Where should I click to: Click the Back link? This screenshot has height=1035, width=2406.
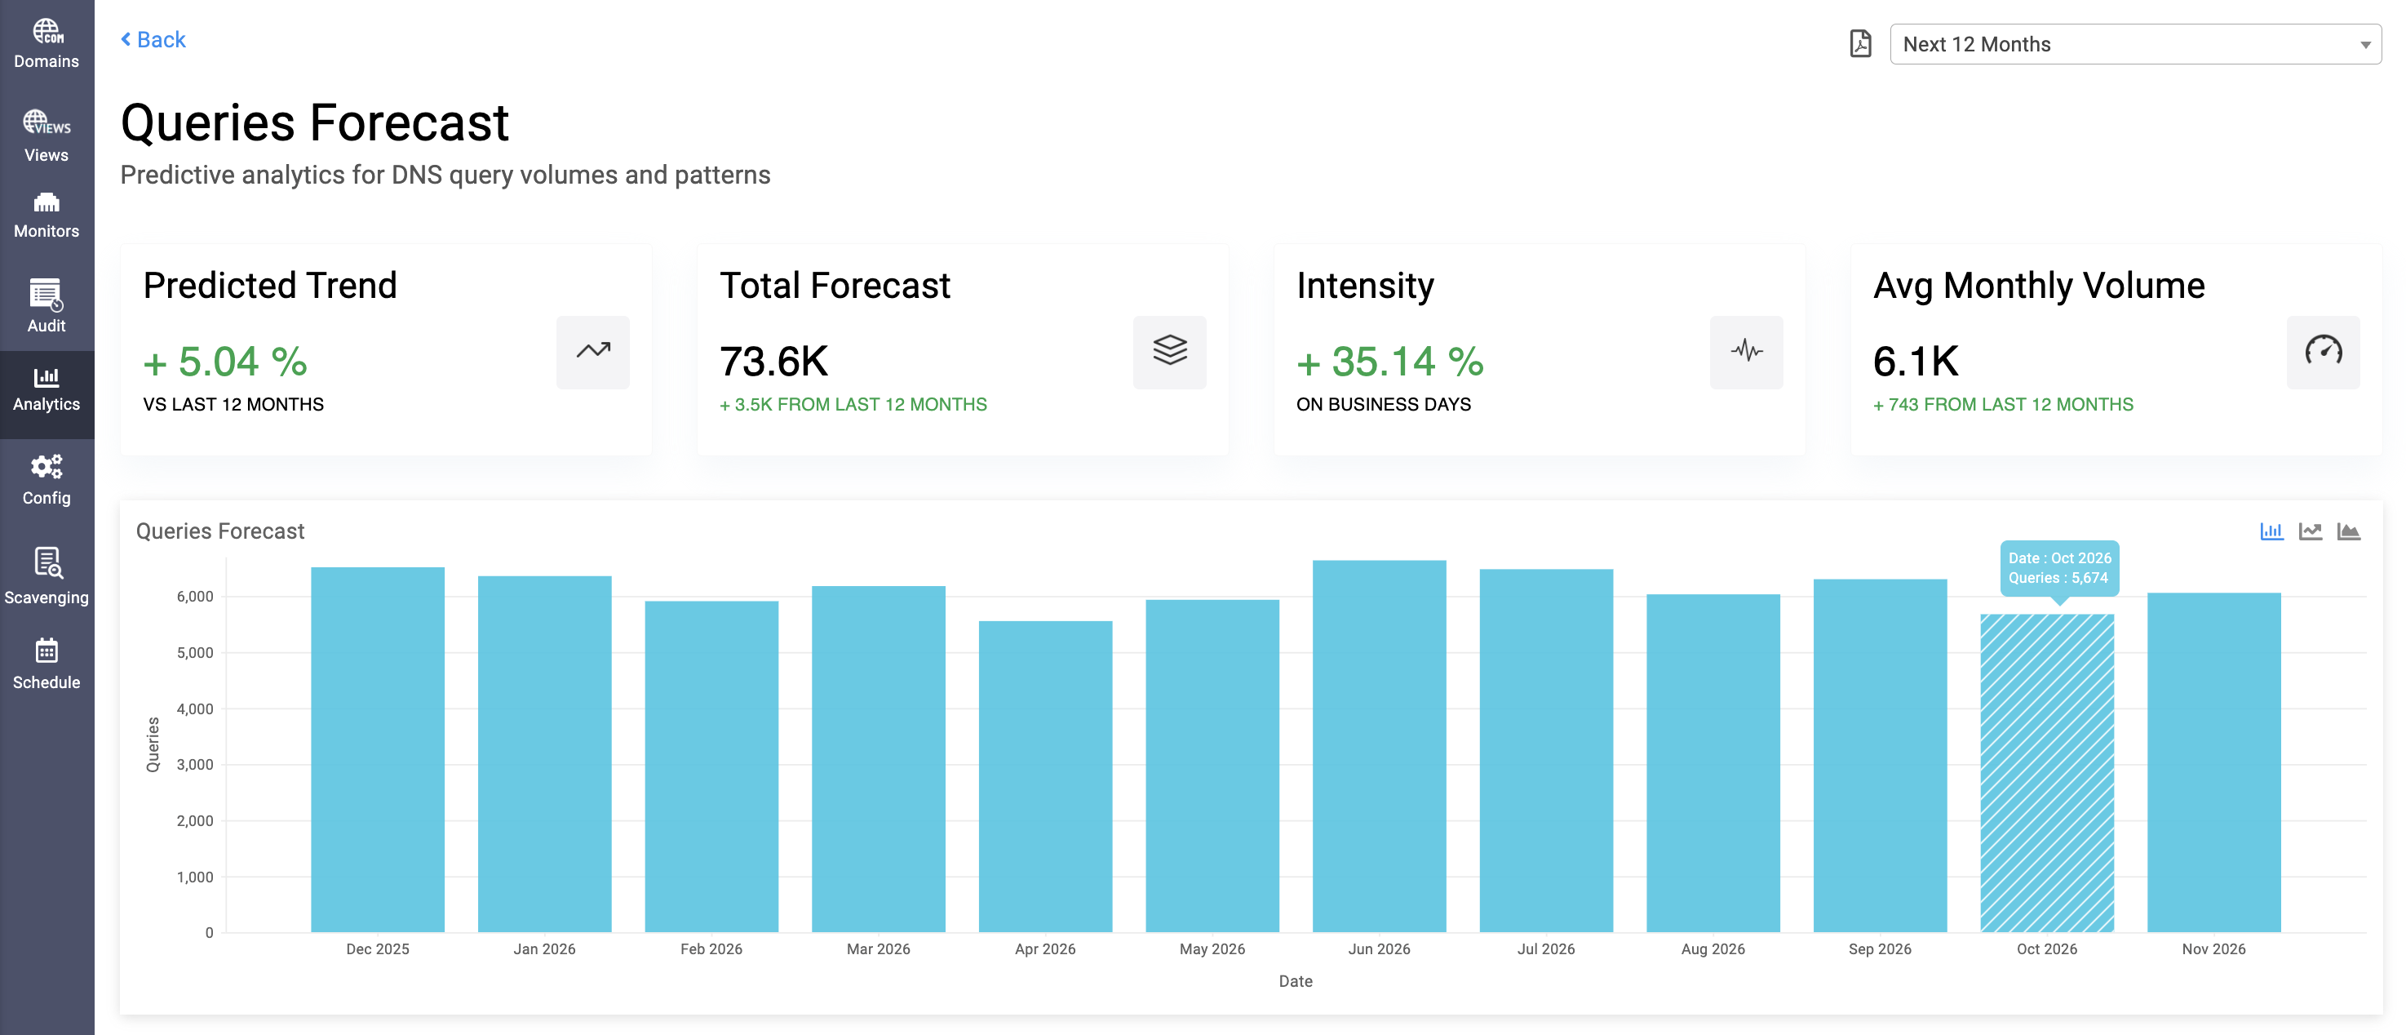(x=154, y=40)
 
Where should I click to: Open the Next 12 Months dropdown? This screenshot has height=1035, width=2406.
(x=2134, y=44)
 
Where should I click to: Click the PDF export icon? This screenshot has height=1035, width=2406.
(x=1859, y=44)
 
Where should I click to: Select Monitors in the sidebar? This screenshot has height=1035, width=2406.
(x=47, y=215)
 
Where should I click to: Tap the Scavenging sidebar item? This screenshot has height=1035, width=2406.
(x=47, y=576)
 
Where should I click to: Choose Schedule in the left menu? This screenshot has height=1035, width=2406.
(x=47, y=664)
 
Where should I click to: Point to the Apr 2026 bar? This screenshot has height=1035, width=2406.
(x=1045, y=775)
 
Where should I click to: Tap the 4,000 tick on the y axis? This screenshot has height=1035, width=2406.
(x=194, y=709)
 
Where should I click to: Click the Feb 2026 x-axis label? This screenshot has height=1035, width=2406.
(x=711, y=949)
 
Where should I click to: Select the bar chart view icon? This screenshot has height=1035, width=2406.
(x=2271, y=531)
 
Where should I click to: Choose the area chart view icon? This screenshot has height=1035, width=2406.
(x=2348, y=531)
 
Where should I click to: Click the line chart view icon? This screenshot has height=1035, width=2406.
(x=2310, y=531)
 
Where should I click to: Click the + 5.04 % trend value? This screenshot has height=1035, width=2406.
(x=225, y=362)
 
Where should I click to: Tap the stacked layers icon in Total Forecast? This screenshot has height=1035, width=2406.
(x=1169, y=351)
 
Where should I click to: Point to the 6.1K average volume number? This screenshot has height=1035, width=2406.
(x=1915, y=362)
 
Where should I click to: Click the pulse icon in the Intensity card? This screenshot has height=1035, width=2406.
(x=1746, y=351)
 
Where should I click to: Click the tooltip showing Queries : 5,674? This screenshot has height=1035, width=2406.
(x=2058, y=568)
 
